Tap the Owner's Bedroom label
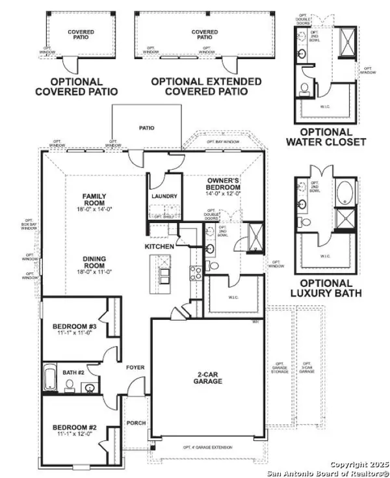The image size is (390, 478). click(225, 185)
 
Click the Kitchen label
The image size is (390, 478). click(159, 247)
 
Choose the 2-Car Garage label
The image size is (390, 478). click(207, 377)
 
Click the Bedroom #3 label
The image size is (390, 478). click(74, 330)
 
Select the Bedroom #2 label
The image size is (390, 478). click(73, 431)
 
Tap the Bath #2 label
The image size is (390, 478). click(72, 373)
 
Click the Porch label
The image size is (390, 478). click(135, 422)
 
